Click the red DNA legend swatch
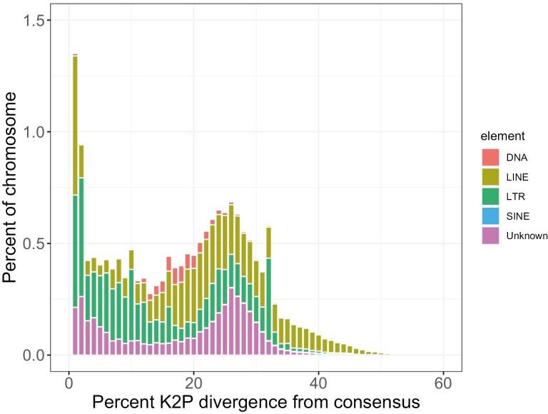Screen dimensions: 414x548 490,157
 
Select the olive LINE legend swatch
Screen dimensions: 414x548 490,177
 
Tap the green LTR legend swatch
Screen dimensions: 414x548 490,197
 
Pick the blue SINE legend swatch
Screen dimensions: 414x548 490,217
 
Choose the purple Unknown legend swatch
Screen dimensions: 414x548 490,237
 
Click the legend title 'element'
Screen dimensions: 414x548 502,135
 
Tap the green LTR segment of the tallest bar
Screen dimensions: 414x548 75,251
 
